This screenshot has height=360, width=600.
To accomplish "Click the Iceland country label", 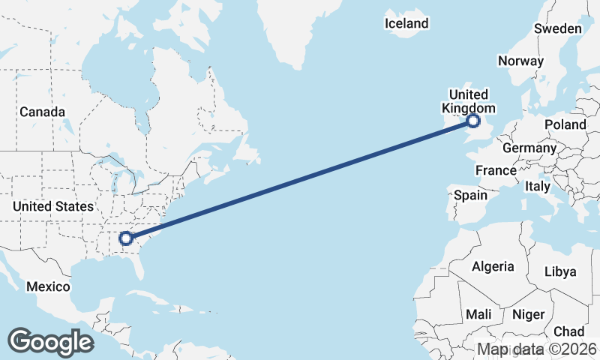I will [406, 23].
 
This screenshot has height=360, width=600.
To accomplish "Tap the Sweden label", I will [557, 28].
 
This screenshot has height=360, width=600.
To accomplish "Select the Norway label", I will [520, 61].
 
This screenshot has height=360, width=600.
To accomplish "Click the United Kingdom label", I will [468, 101].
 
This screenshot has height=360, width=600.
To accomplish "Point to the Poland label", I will [565, 124].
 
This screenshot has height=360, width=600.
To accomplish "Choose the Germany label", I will [529, 148].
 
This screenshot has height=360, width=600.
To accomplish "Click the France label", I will [496, 170].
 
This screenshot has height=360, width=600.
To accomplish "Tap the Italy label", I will [538, 186].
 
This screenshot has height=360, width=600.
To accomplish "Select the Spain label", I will [471, 195].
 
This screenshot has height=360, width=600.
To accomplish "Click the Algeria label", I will [493, 266].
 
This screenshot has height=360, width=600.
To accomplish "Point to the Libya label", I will [560, 271].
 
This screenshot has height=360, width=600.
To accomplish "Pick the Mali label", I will [478, 313].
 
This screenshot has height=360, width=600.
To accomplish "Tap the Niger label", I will [528, 314].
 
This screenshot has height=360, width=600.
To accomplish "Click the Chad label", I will [568, 331].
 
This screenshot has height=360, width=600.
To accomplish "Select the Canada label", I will [37, 112].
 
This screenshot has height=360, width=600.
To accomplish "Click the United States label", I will [53, 206].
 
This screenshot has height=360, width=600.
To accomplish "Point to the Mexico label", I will [48, 286].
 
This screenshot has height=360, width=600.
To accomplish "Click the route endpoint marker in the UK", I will [473, 121].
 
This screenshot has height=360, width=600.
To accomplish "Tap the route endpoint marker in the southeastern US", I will [126, 239].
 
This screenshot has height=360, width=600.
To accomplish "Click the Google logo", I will [51, 342].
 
